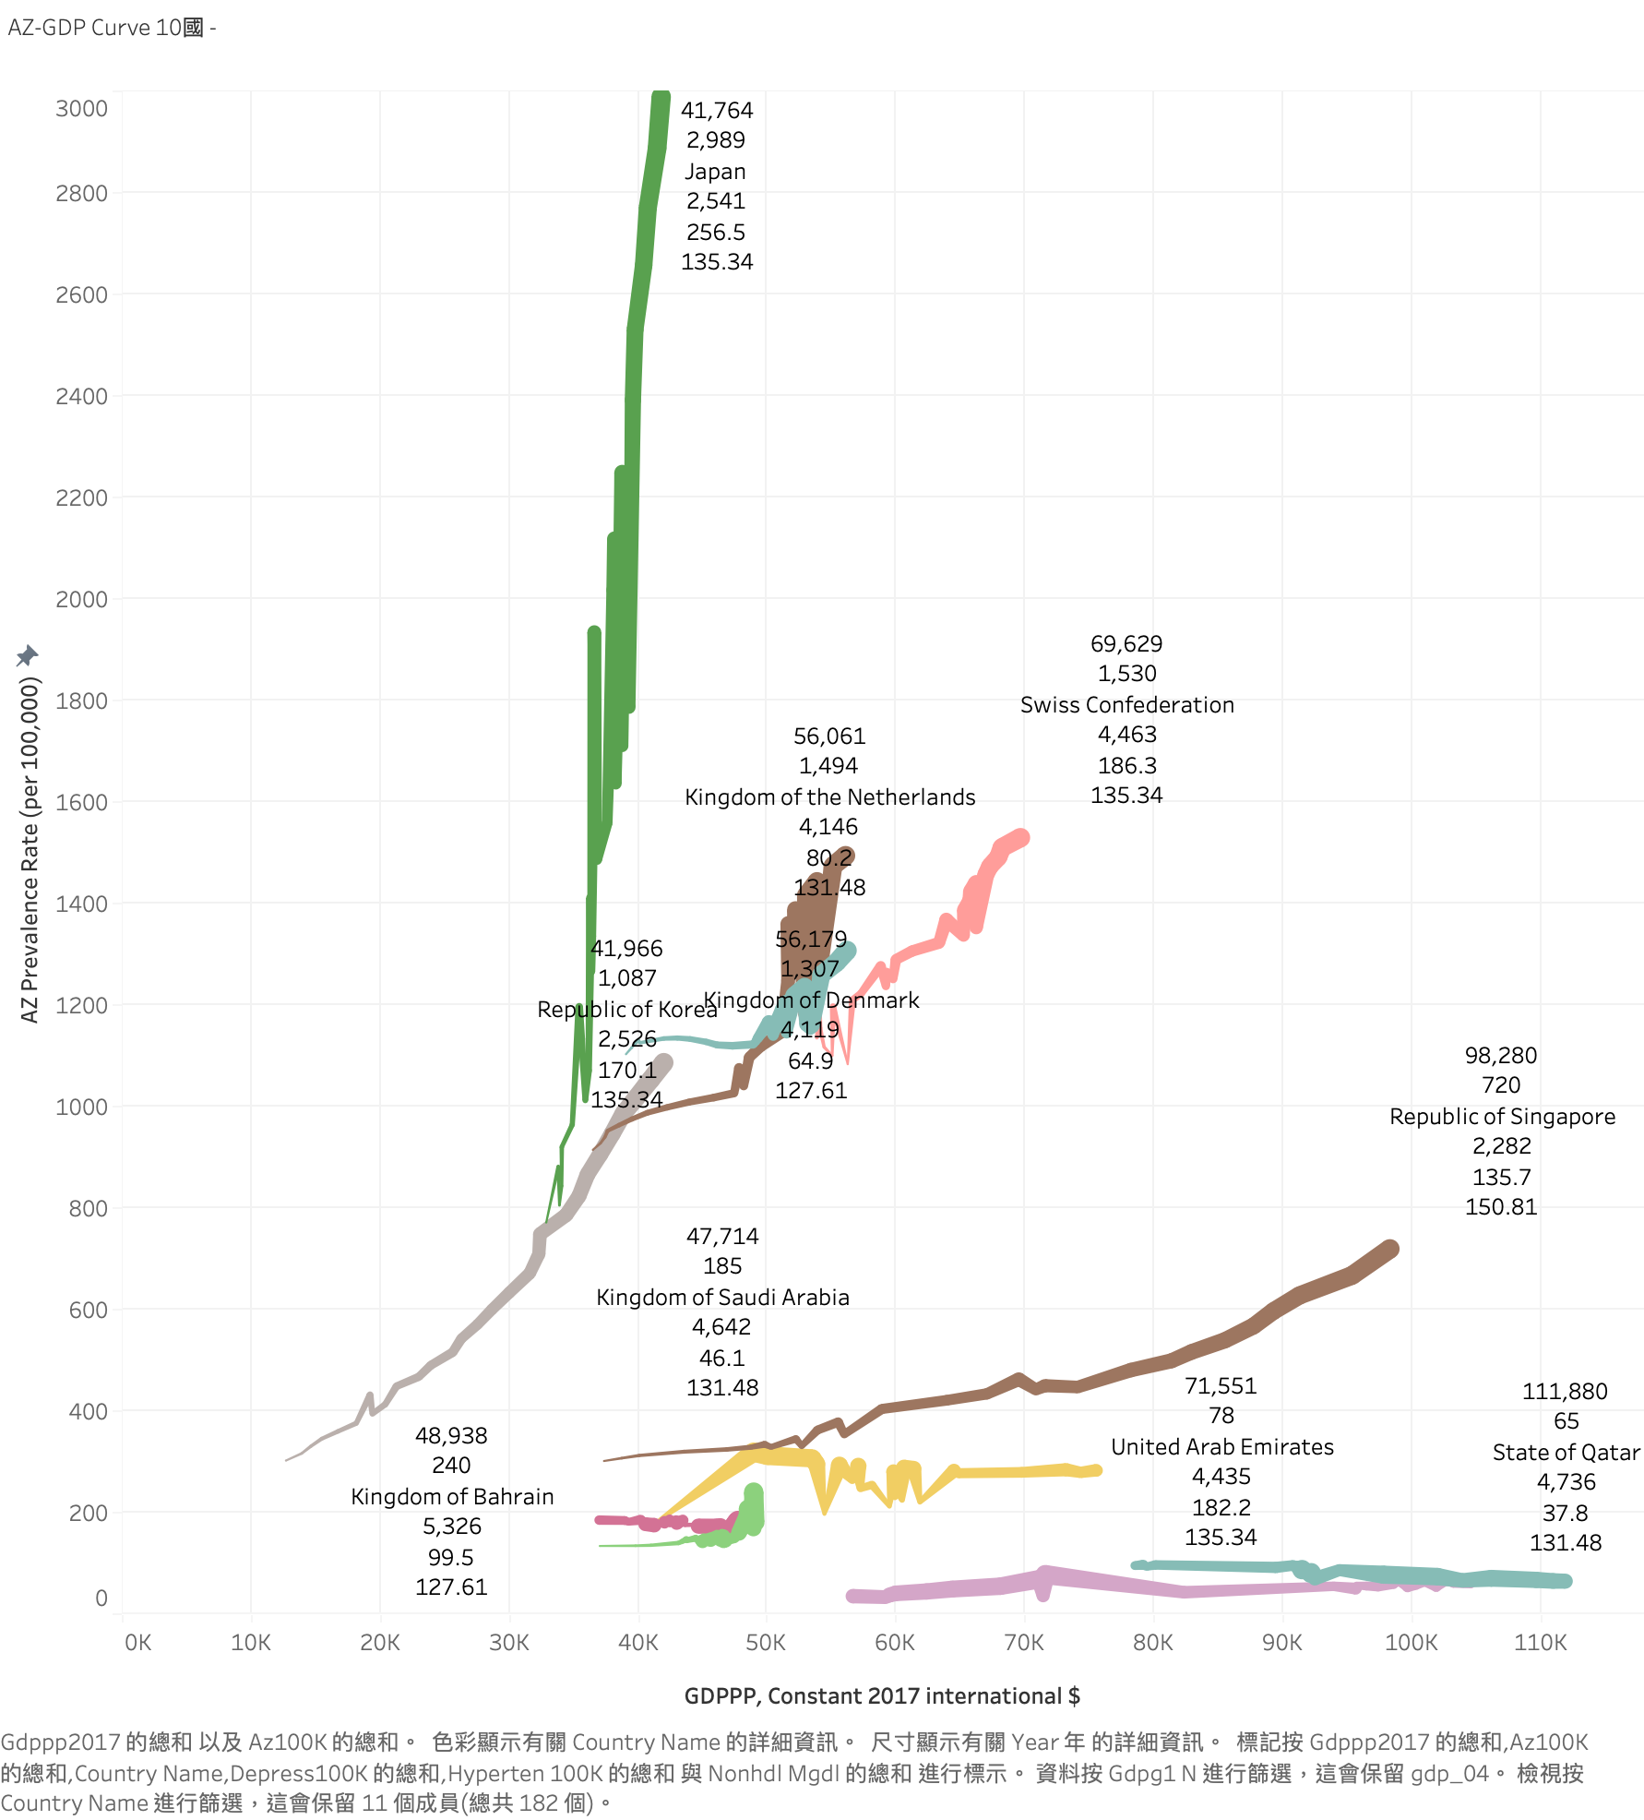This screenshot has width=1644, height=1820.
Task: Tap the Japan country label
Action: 715,172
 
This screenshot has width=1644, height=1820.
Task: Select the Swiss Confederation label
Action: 1126,705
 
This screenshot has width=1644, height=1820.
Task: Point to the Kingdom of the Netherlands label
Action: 829,797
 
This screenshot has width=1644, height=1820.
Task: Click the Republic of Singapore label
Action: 1502,1117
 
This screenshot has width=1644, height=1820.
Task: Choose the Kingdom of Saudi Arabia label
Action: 722,1298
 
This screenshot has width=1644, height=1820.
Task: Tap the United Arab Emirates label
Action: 1221,1447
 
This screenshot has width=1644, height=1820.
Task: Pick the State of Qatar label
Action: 1566,1453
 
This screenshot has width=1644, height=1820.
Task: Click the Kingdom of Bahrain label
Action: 452,1497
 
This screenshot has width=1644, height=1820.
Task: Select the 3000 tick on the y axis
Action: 82,109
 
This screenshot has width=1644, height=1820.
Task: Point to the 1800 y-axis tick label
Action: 82,701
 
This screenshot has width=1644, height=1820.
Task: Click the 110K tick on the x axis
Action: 1540,1643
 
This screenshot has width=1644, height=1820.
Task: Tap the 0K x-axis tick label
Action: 137,1643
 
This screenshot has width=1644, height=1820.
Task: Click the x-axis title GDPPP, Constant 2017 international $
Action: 882,1696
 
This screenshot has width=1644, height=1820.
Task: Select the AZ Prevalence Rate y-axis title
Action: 30,849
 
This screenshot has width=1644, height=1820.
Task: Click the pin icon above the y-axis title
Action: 27,655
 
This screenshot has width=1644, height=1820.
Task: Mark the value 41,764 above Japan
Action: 717,111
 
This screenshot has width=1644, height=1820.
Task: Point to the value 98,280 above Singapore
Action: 1501,1056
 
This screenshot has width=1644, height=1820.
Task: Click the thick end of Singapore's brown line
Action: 1388,1250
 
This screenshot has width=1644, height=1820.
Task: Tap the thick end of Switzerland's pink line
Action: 1019,839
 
